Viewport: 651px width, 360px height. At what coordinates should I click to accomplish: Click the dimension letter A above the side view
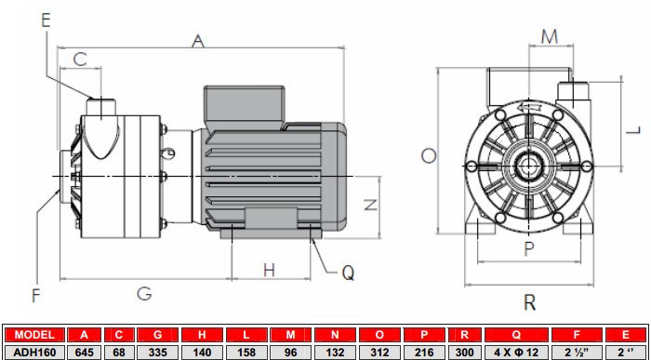pyautogui.click(x=197, y=40)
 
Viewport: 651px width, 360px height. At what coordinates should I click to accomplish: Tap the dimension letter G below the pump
pyautogui.click(x=144, y=294)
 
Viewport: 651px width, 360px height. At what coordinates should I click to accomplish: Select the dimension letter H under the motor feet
pyautogui.click(x=269, y=271)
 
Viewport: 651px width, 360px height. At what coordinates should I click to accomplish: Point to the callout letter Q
pyautogui.click(x=348, y=273)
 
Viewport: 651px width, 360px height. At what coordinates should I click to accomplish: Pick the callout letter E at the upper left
pyautogui.click(x=48, y=16)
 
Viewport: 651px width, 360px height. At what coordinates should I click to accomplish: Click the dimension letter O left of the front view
pyautogui.click(x=428, y=156)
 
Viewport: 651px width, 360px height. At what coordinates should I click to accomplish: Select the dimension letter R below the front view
pyautogui.click(x=529, y=301)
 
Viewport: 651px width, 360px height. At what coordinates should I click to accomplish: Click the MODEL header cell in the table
pyautogui.click(x=34, y=335)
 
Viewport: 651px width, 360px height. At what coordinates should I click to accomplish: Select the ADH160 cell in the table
pyautogui.click(x=34, y=352)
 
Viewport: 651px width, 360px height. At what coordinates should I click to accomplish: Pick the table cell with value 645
pyautogui.click(x=85, y=352)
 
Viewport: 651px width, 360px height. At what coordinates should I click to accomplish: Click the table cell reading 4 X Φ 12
pyautogui.click(x=515, y=352)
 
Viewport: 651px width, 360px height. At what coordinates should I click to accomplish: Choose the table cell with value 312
pyautogui.click(x=379, y=352)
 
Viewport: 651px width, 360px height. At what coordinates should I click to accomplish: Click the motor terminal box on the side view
pyautogui.click(x=243, y=103)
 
